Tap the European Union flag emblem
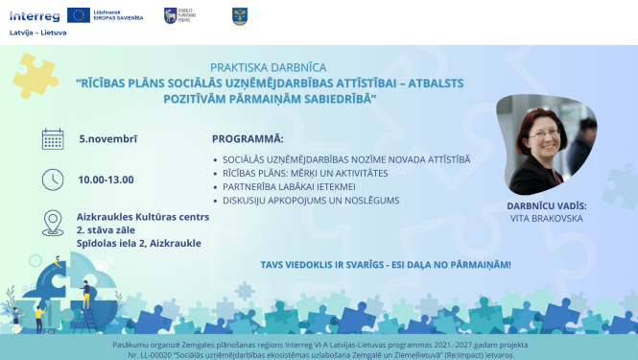coord(80,15)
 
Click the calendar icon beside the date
coord(54,139)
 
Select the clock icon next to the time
coord(54,180)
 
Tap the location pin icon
coord(54,224)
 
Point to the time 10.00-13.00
coord(106,180)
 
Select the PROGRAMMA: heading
coord(248,138)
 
